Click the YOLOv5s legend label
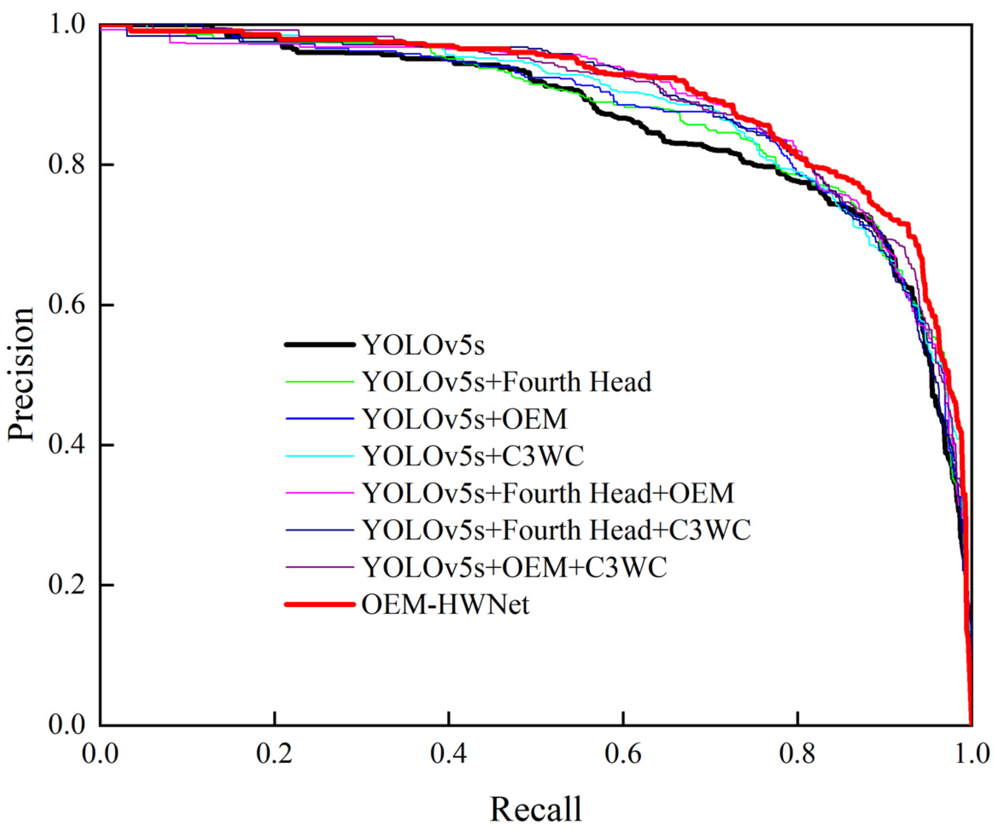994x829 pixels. coord(424,345)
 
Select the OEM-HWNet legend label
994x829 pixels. coord(445,605)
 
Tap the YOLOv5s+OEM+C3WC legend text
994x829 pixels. coord(515,568)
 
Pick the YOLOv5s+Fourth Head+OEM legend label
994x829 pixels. coord(548,493)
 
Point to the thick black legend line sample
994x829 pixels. coord(320,345)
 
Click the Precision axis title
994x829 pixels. coord(21,374)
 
